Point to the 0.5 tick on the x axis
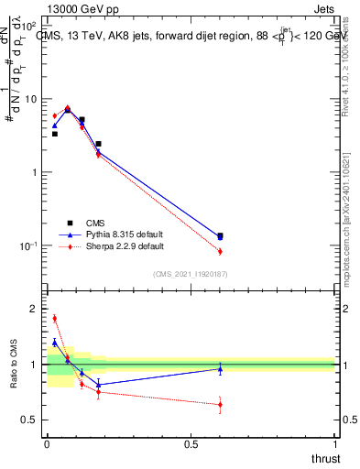[x=191, y=444]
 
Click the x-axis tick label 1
[x=335, y=444]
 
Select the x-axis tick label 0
[x=47, y=444]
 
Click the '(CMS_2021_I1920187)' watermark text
[x=191, y=273]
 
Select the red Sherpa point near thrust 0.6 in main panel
[x=220, y=251]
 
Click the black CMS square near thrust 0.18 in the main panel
[x=98, y=144]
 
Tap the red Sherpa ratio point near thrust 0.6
[x=220, y=404]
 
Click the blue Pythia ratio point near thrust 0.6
[x=220, y=368]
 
